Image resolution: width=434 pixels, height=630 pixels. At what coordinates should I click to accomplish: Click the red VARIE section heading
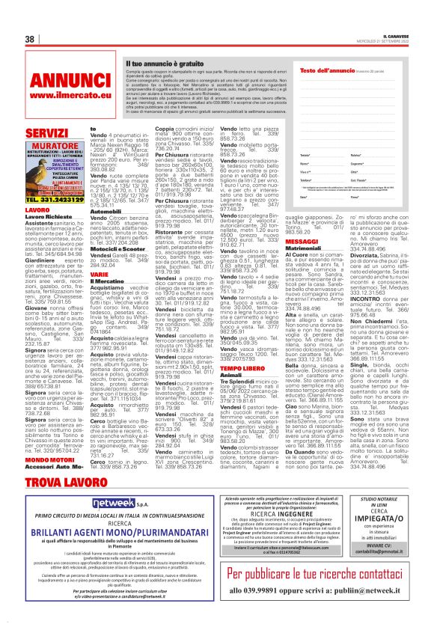click(x=100, y=273)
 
